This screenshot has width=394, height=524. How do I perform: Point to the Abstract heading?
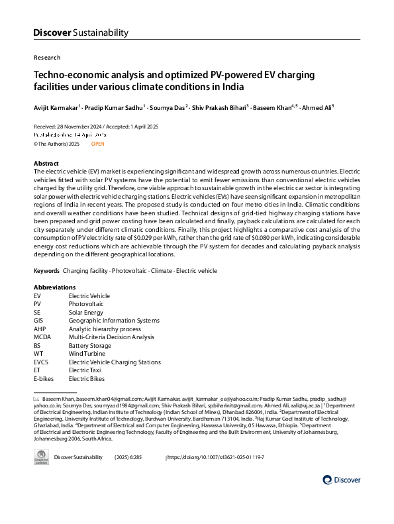pos(46,163)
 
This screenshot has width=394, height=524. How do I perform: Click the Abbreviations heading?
pos(54,287)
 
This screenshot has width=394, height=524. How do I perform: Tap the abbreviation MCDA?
pos(42,337)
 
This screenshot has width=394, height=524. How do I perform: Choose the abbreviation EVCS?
pos(42,362)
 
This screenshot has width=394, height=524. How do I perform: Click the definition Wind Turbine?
pos(88,354)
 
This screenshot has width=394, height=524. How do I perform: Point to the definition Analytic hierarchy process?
pos(105,329)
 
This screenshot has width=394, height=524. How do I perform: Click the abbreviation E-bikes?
pos(44,379)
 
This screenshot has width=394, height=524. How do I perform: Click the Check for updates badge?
pos(42,458)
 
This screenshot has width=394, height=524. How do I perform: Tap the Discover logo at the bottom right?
pos(342,480)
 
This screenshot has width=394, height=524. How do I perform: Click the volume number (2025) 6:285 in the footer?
pos(132,458)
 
